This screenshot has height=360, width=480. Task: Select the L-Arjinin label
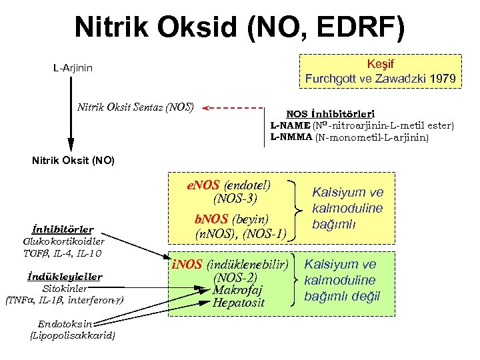click(x=73, y=68)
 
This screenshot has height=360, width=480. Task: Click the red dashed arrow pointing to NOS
click(x=233, y=107)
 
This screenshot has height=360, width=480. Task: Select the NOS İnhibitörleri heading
click(x=330, y=114)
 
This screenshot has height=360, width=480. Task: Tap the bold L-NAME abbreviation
click(x=290, y=125)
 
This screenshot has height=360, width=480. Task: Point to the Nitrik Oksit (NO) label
click(x=73, y=161)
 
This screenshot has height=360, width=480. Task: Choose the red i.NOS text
click(x=186, y=265)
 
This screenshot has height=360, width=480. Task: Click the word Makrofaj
click(x=237, y=289)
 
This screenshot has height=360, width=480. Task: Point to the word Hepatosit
click(x=238, y=303)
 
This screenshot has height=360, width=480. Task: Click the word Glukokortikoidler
click(x=63, y=241)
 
